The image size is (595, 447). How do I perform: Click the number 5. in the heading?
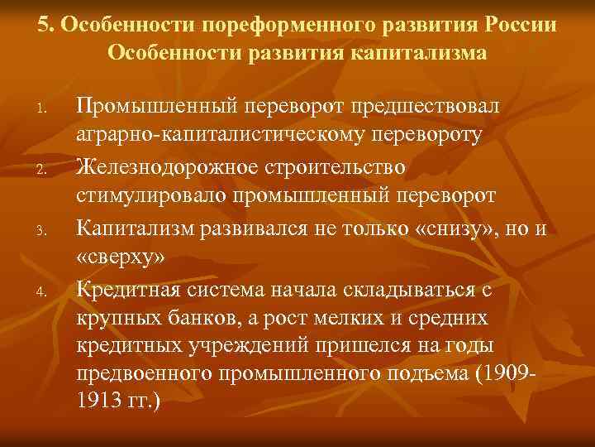(x=45, y=24)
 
